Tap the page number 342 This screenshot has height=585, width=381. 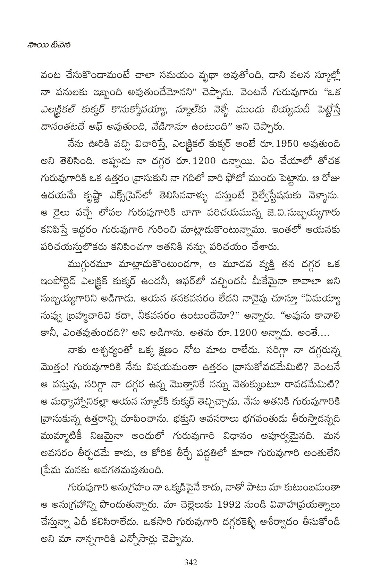point(190,562)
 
